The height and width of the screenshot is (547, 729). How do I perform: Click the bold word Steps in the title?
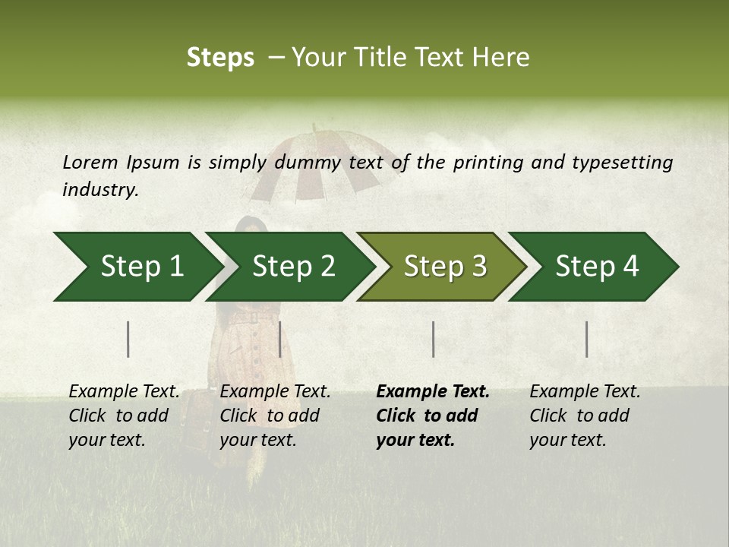220,58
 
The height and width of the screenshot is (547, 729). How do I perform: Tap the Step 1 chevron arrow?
137,267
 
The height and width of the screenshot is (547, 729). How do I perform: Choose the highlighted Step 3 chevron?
443,267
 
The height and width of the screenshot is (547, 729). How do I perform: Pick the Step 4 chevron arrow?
595,267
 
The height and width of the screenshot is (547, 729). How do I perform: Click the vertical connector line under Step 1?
128,339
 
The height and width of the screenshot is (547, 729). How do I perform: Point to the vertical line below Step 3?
433,339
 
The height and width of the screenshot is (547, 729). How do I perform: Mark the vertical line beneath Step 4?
586,339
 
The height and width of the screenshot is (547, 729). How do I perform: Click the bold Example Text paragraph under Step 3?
433,416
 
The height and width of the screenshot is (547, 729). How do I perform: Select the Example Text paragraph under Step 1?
124,416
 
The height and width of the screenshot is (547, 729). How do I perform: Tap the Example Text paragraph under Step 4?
585,416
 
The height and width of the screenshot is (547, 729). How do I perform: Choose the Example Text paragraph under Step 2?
275,416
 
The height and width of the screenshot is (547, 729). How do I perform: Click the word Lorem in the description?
90,162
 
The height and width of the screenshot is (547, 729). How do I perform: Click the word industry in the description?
99,190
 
